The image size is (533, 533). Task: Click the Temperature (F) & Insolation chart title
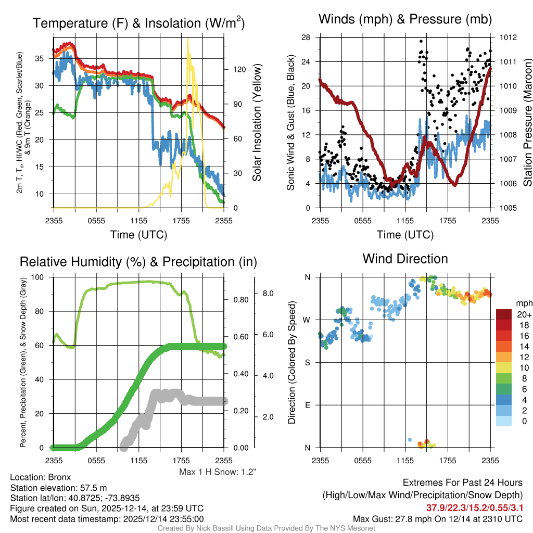click(138, 23)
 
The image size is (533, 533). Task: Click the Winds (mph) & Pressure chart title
click(405, 19)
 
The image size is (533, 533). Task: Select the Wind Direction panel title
click(405, 259)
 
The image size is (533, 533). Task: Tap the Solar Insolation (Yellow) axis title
click(257, 123)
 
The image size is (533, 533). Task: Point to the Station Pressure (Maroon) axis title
click(527, 123)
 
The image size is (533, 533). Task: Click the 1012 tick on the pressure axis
click(507, 37)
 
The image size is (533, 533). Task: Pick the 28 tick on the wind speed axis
click(306, 37)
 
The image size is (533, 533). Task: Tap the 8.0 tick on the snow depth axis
click(269, 294)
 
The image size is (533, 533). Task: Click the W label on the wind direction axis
click(308, 320)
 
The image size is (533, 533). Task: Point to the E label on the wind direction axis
click(308, 405)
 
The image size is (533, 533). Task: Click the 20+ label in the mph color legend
click(524, 314)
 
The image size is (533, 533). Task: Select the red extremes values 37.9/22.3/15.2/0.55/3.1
click(474, 507)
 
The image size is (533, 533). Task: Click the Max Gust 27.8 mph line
click(438, 518)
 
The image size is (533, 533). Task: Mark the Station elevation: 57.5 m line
click(58, 487)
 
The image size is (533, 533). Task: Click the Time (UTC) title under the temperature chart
click(138, 235)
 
